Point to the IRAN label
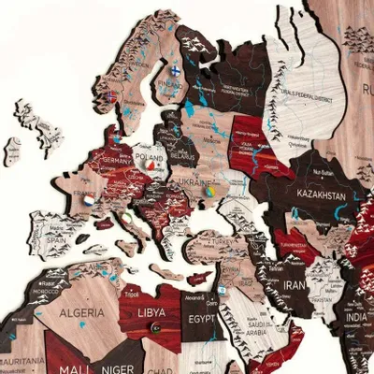[295, 284]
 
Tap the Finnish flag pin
[175, 69]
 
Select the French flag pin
[88, 198]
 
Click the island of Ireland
[13, 147]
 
